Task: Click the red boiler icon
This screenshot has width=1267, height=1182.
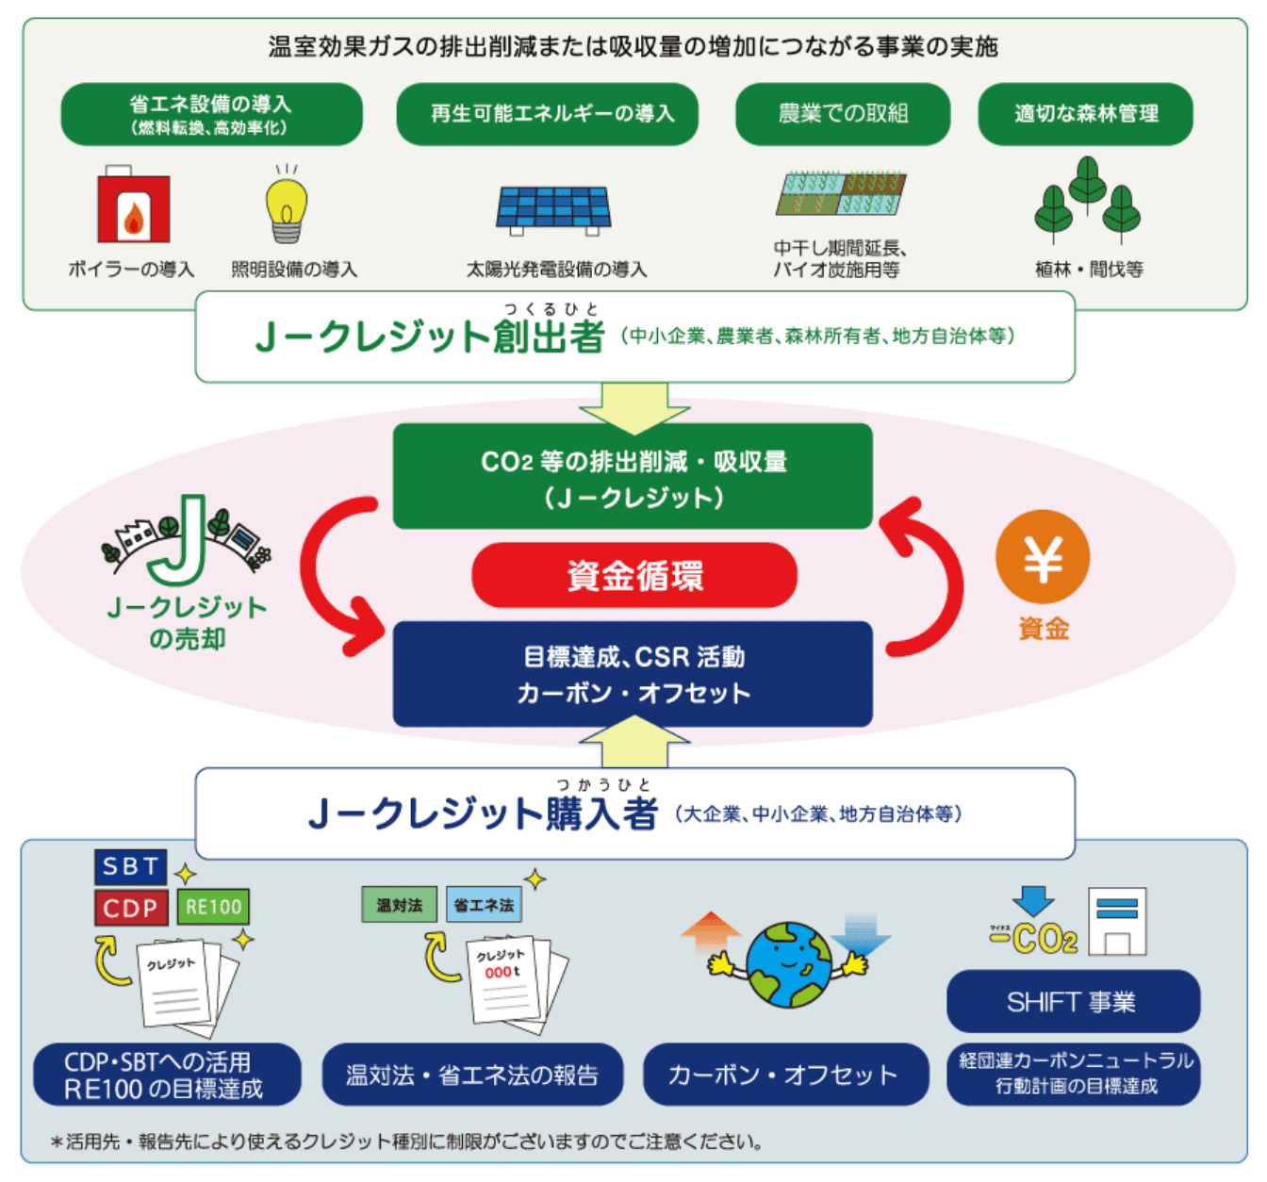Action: (133, 205)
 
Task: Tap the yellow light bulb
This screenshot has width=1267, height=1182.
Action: (287, 205)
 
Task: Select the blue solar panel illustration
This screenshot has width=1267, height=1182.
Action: (553, 210)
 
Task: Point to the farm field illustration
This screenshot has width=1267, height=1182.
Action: (841, 192)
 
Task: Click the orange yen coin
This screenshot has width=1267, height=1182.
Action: (1042, 557)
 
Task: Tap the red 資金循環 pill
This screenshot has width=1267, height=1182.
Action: (634, 575)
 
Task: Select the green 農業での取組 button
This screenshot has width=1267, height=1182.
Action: (842, 113)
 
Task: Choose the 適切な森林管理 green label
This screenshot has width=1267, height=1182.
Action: (1084, 113)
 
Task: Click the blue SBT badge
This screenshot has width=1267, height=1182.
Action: (131, 866)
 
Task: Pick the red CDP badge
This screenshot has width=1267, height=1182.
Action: (131, 907)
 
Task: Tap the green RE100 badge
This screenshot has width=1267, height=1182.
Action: (213, 907)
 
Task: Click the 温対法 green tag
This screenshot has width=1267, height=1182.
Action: (400, 905)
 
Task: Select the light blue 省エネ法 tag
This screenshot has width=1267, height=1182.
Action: (484, 905)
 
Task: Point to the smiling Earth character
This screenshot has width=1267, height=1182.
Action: (788, 964)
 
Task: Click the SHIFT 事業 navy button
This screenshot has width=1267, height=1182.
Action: (1073, 1001)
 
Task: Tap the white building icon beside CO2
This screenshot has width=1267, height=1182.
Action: (1117, 921)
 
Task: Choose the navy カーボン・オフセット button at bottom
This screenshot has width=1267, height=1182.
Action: (785, 1075)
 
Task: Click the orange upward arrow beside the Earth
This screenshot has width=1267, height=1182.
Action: (711, 932)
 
